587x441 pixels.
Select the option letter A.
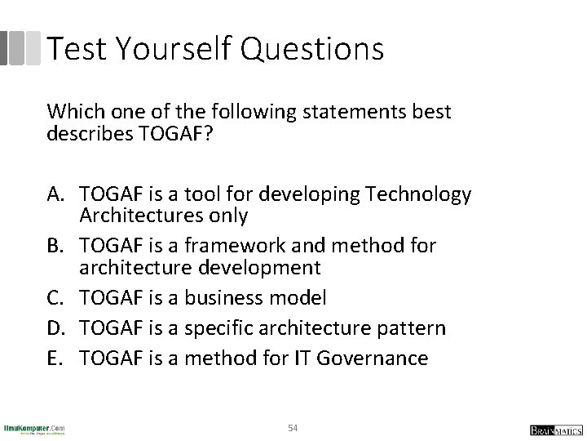pos(57,194)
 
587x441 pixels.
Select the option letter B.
pos(57,245)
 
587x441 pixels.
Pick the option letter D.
pos(58,327)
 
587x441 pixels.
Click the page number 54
pos(293,427)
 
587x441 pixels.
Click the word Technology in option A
pos(417,194)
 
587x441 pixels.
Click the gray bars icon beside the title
pos(20,48)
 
